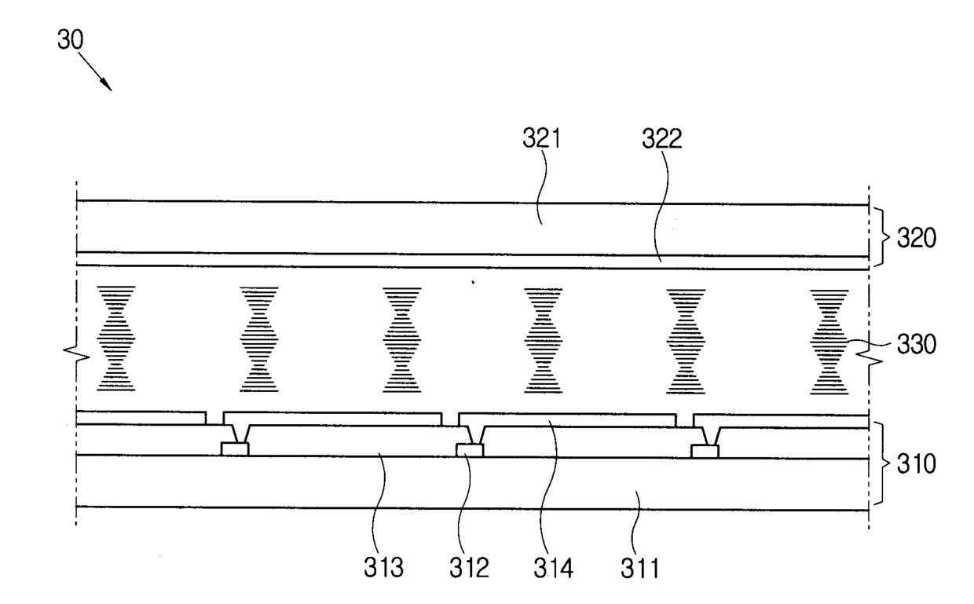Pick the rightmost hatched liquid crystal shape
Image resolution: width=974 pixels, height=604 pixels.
click(x=829, y=340)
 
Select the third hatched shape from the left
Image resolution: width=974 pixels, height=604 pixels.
click(x=402, y=339)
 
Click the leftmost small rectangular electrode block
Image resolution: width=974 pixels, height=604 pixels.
click(x=235, y=449)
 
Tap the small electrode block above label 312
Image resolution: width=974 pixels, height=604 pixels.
click(x=470, y=449)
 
